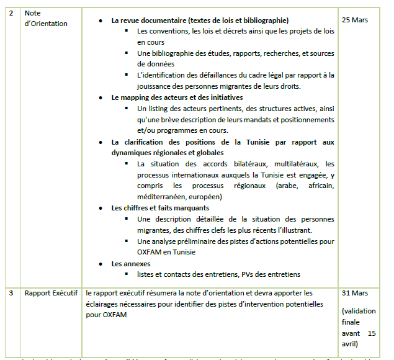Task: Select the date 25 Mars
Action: point(355,20)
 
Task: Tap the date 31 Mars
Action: point(355,292)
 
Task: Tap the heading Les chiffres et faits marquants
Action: point(160,207)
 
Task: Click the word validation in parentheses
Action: point(360,310)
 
